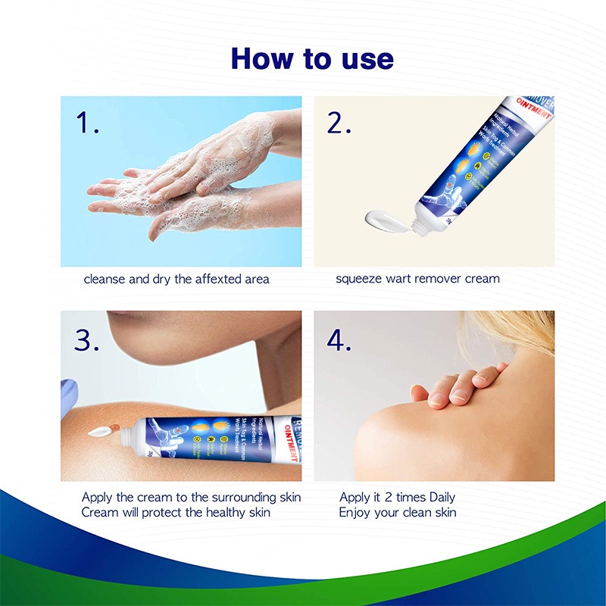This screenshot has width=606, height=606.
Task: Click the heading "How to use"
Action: click(312, 58)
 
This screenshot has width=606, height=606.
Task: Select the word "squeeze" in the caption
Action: click(360, 279)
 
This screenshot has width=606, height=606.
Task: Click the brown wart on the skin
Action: click(118, 429)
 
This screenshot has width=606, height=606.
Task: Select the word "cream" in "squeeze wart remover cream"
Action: click(482, 279)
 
